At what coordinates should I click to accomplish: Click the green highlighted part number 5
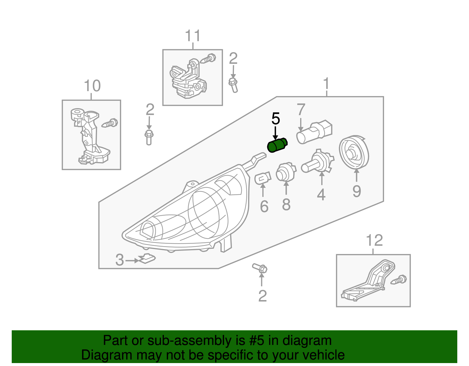(x=277, y=146)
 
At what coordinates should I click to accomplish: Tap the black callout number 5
(x=276, y=119)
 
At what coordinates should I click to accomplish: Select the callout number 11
(x=193, y=36)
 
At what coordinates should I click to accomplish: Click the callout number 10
(x=92, y=86)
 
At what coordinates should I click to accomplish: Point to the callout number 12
(x=374, y=241)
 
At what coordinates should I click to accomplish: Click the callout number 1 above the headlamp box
(x=326, y=84)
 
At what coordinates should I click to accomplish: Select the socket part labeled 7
(x=314, y=132)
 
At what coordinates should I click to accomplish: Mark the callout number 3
(x=120, y=260)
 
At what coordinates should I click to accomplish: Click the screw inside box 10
(x=110, y=123)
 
